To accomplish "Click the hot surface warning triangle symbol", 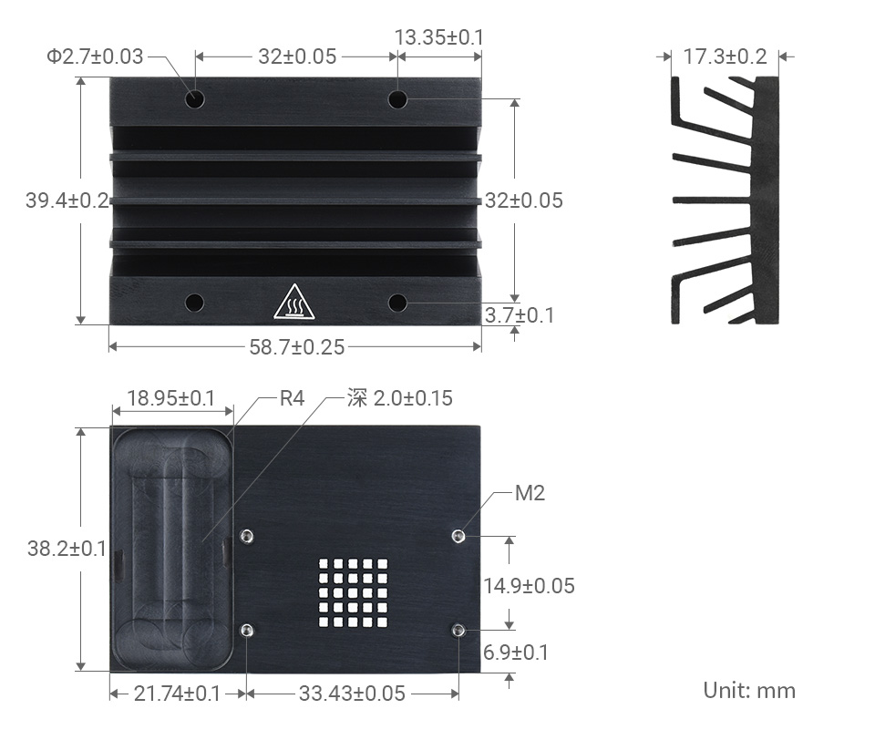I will [293, 303].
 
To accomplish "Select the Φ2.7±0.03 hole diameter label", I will [95, 57].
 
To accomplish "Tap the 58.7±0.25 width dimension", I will [296, 346].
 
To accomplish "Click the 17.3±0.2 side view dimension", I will [725, 57].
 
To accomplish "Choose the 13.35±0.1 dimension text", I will [438, 37].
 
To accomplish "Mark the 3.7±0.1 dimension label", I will [520, 315].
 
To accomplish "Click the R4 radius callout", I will [291, 398].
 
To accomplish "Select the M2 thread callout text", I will [530, 494].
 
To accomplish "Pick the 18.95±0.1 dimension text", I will [170, 398].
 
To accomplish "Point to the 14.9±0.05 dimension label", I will [529, 586].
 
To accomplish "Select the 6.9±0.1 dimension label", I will [516, 653].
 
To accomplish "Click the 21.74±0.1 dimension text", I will [177, 694].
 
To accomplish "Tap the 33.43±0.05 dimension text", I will [352, 694].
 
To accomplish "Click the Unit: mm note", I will [749, 690].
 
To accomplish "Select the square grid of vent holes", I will [352, 593].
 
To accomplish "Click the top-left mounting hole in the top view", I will [195, 98].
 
